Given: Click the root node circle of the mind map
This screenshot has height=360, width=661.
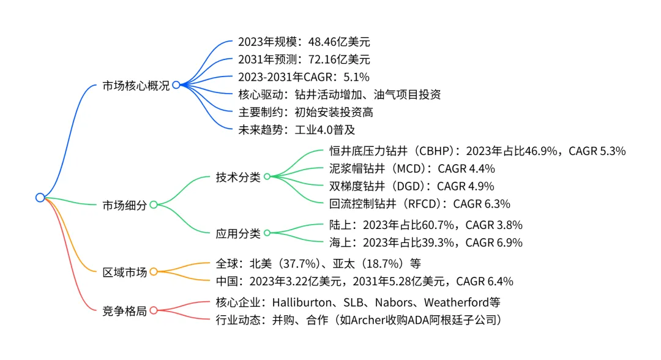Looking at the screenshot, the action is point(40,197).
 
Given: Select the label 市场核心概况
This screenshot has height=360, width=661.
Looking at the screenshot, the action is point(136,86).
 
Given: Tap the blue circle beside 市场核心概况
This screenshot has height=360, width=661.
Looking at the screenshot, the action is point(176,85).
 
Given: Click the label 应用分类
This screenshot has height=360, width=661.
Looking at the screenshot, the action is point(238,233).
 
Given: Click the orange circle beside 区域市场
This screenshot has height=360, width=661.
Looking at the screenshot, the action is point(153,272).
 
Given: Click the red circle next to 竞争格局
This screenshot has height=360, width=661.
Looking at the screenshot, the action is point(153,310).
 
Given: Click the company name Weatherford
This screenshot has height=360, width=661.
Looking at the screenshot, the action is point(456,302).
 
